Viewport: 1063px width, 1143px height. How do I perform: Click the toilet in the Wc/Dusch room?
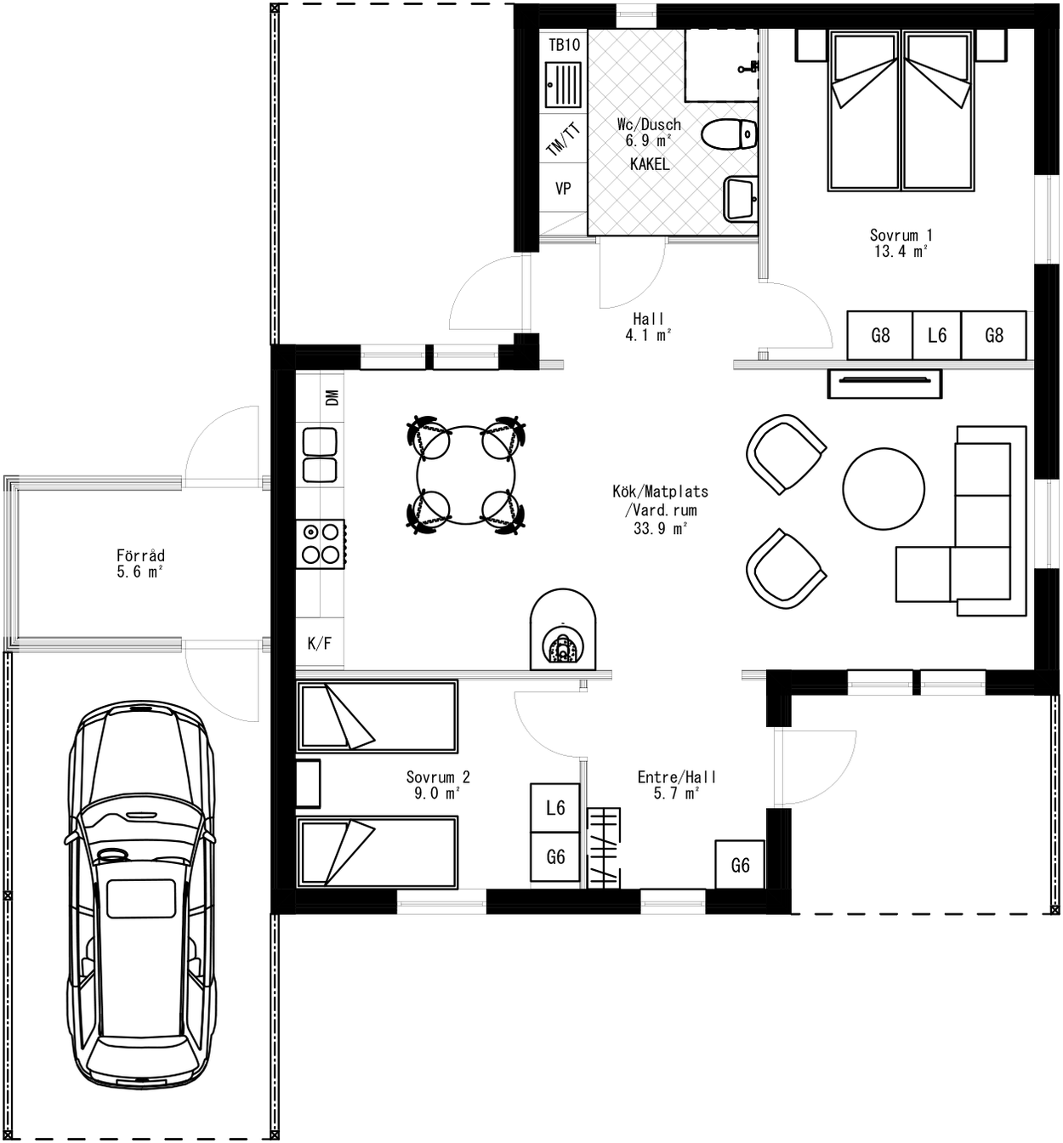pyautogui.click(x=730, y=134)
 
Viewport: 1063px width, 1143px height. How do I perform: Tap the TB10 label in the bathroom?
pyautogui.click(x=564, y=45)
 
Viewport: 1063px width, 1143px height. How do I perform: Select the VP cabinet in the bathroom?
pyautogui.click(x=563, y=189)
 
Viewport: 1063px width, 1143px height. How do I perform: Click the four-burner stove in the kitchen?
pyautogui.click(x=321, y=543)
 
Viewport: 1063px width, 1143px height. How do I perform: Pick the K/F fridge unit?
pyautogui.click(x=320, y=644)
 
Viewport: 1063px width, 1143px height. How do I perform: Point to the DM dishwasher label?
pyautogui.click(x=332, y=397)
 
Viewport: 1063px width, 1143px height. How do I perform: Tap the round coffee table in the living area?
pyautogui.click(x=883, y=489)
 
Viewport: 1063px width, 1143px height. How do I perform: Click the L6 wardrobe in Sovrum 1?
pyautogui.click(x=937, y=335)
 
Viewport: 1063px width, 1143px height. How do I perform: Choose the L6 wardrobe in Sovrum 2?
pyautogui.click(x=555, y=807)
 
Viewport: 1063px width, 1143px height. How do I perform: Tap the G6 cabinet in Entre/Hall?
pyautogui.click(x=740, y=865)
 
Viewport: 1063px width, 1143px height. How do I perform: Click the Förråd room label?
pyautogui.click(x=140, y=556)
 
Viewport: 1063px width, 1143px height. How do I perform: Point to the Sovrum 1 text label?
pyautogui.click(x=901, y=235)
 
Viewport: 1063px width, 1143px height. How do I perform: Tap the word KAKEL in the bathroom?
pyautogui.click(x=649, y=164)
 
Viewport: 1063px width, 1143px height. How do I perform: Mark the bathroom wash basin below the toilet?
pyautogui.click(x=740, y=198)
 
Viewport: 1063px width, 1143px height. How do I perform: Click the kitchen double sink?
pyautogui.click(x=320, y=455)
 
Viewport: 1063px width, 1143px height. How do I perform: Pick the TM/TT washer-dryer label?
pyautogui.click(x=563, y=139)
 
